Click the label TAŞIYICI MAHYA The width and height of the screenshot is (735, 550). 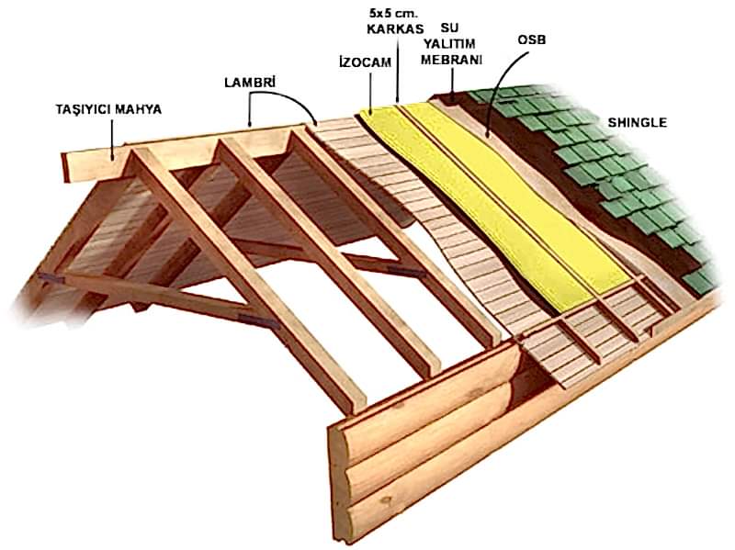coord(108,109)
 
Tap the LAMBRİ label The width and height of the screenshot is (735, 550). coord(250,82)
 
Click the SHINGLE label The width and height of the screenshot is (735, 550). coord(637,121)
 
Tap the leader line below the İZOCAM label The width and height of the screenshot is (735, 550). coord(370,92)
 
